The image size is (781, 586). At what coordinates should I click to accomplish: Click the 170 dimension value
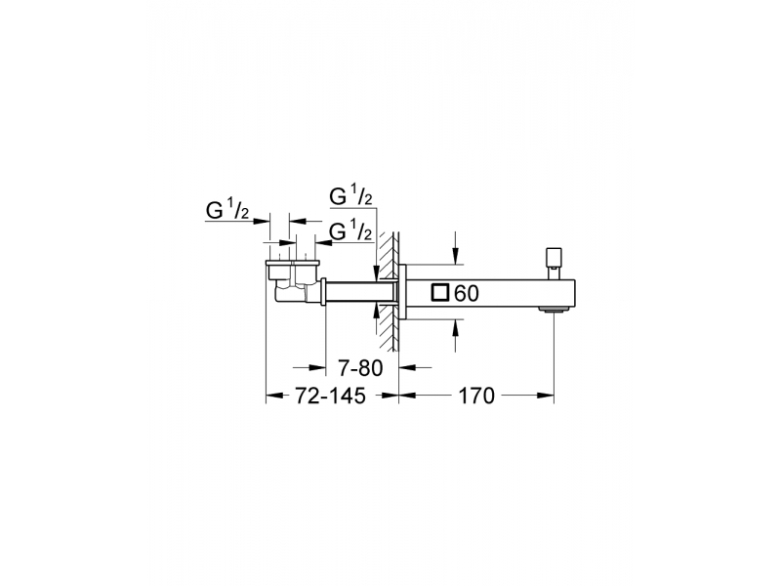tap(475, 396)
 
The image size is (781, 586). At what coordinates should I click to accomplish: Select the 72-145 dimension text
tap(331, 396)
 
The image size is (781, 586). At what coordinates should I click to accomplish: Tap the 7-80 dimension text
tap(360, 368)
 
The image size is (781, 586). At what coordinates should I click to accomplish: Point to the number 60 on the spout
tap(467, 294)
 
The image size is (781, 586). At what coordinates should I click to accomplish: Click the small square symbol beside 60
tap(441, 293)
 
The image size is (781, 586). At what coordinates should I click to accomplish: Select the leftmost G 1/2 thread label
tap(227, 210)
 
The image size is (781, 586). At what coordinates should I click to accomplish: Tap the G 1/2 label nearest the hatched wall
tap(351, 230)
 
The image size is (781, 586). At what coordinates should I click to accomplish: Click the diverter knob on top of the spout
tap(553, 263)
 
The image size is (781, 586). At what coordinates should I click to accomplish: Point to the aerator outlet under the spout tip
tap(553, 311)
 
